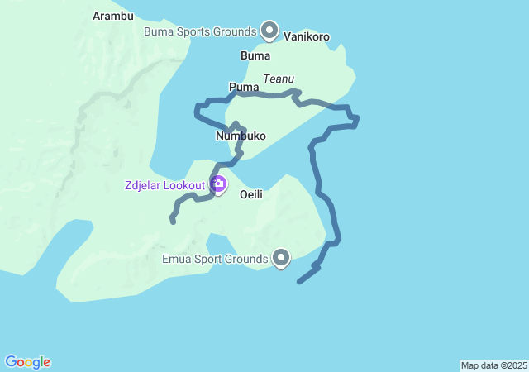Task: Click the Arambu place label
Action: (x=113, y=16)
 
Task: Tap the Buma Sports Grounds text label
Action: (x=201, y=31)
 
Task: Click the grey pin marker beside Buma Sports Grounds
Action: (x=269, y=31)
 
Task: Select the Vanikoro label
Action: (x=307, y=36)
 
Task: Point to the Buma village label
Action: (x=255, y=56)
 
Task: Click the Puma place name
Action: (x=244, y=86)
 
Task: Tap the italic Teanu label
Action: (x=279, y=79)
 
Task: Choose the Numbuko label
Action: (x=241, y=136)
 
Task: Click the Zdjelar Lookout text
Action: (x=164, y=185)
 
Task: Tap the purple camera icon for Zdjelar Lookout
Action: (x=219, y=184)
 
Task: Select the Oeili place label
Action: (x=251, y=194)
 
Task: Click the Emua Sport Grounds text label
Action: (x=214, y=259)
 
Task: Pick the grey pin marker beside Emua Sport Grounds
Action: (x=282, y=259)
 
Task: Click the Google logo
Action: (x=28, y=362)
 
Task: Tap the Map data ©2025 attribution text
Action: (x=493, y=365)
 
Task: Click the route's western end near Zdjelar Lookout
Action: (x=173, y=221)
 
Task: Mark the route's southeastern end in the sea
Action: (x=299, y=282)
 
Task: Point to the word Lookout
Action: (x=183, y=185)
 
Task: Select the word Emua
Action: (x=177, y=259)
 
